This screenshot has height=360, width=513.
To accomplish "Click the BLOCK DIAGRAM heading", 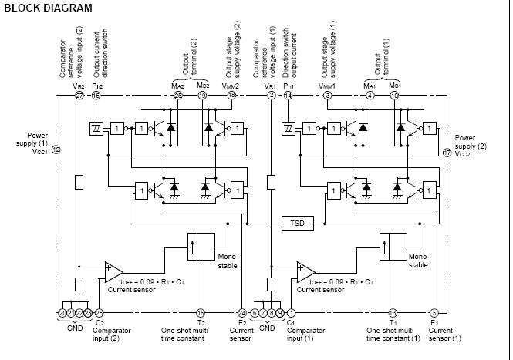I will click(x=47, y=8).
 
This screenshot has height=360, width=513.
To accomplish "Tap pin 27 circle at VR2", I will click(x=79, y=96).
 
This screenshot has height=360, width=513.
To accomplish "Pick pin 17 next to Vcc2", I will click(x=447, y=153).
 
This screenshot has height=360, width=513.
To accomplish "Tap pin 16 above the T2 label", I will click(x=201, y=312).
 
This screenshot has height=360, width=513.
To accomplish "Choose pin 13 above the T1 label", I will click(x=393, y=312).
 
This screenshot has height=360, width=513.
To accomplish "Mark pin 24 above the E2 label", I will click(x=242, y=312).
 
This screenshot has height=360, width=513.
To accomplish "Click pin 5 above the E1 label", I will click(x=434, y=312).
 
